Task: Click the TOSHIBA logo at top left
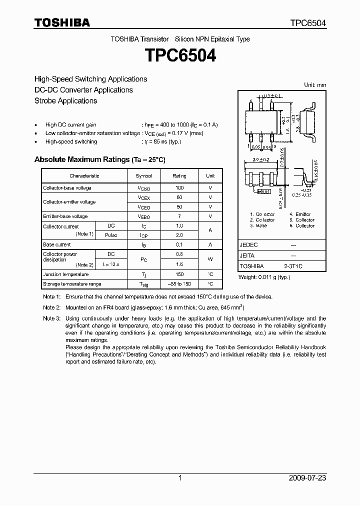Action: pos(62,22)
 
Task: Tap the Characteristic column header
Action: pos(84,176)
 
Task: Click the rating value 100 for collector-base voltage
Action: pos(179,188)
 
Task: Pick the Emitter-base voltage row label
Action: pos(65,216)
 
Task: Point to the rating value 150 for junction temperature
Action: pos(179,274)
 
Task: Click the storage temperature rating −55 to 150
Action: pos(179,284)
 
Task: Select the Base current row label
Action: pos(56,245)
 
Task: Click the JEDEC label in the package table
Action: pos(248,245)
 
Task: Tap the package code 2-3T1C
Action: pos(293,266)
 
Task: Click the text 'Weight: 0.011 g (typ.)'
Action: pos(264,277)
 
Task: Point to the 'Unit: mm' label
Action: pos(315,85)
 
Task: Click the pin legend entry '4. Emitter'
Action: pos(300,214)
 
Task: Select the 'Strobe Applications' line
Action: pos(65,100)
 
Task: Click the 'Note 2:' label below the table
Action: pos(51,307)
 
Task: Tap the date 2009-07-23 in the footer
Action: pos(307,478)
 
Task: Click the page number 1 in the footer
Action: pos(180,478)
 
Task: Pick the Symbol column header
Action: pos(143,176)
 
